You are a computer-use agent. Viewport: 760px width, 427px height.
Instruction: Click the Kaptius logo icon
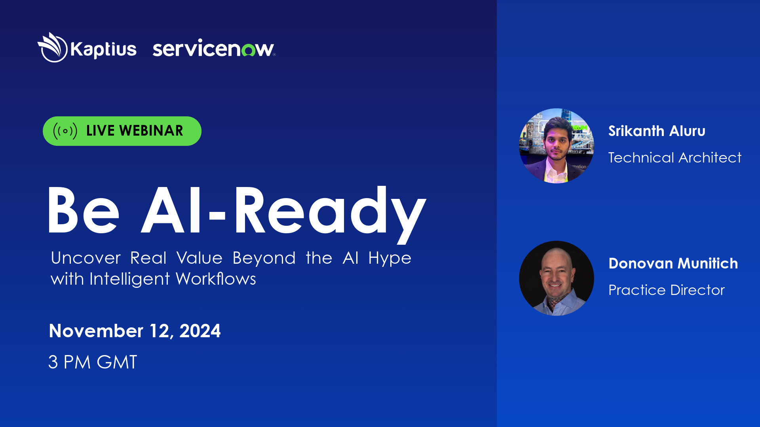(53, 47)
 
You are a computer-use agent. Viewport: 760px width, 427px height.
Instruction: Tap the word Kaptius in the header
(103, 50)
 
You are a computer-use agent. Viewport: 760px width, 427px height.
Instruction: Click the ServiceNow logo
(213, 49)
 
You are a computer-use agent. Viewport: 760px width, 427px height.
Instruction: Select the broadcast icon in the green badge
(65, 131)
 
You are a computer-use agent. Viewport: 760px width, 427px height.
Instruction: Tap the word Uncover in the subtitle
(85, 258)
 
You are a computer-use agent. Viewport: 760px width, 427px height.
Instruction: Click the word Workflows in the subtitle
(216, 279)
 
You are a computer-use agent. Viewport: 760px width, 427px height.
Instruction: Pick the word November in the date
(96, 331)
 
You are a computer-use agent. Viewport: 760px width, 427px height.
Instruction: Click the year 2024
(200, 331)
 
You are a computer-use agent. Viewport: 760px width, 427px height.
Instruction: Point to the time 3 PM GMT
(93, 362)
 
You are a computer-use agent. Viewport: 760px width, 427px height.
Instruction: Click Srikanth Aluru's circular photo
(556, 145)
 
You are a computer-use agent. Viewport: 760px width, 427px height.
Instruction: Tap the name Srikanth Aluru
(657, 131)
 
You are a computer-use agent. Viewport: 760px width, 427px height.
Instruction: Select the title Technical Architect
(674, 158)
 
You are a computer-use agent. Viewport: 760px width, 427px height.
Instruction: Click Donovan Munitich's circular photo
(556, 278)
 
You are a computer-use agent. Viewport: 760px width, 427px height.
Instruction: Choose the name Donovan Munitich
(673, 263)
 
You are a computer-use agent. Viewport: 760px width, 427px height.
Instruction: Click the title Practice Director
(666, 290)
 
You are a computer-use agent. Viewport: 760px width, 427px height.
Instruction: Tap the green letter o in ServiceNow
(249, 50)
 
